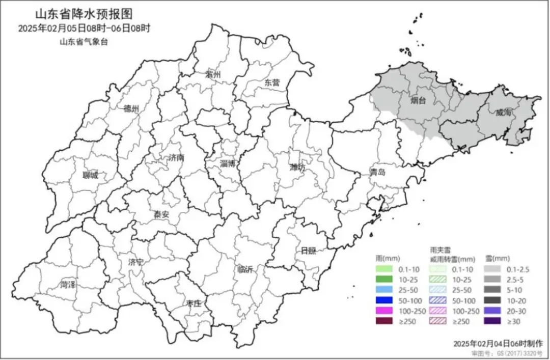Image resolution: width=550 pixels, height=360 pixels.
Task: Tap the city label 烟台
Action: click(x=419, y=101)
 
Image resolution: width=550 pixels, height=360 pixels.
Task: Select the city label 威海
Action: click(x=503, y=113)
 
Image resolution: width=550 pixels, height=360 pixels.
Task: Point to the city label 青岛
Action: click(x=378, y=172)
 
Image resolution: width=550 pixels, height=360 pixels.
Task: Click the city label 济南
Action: click(x=176, y=158)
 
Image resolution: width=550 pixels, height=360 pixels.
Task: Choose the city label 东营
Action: click(x=272, y=82)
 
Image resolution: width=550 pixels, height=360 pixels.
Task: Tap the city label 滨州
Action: click(x=213, y=74)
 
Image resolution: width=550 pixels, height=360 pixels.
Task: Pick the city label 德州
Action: click(x=131, y=108)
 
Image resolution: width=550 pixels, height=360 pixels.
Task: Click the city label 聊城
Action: click(x=91, y=176)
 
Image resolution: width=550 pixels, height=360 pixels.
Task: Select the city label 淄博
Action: click(x=227, y=163)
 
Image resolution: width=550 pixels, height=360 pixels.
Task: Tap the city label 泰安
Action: click(x=161, y=214)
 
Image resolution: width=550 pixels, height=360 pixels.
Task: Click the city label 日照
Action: click(x=308, y=250)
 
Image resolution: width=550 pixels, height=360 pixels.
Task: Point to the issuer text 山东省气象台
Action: click(x=84, y=42)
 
